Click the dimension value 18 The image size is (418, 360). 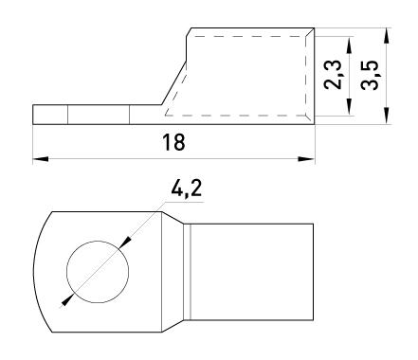(173, 142)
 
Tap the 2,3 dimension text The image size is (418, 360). (333, 75)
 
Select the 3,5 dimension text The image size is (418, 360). (370, 75)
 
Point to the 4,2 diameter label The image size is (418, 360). (186, 189)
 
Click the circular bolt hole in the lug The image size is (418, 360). (98, 272)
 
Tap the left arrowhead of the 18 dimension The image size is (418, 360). (41, 159)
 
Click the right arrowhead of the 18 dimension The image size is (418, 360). (306, 159)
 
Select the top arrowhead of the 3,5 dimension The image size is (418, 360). (387, 36)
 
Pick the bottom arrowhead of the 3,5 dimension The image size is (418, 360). (387, 116)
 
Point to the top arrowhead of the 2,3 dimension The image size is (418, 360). (349, 45)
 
